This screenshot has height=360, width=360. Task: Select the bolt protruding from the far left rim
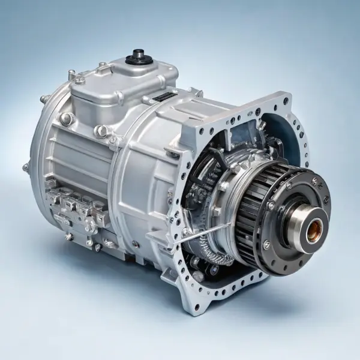coord(25,167)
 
